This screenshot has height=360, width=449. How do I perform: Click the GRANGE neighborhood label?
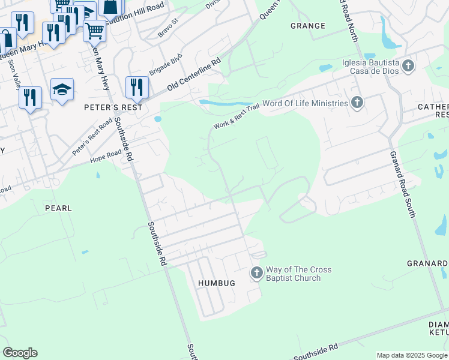307,26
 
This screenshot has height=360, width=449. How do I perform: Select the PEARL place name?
58,208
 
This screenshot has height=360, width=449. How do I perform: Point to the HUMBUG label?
217,282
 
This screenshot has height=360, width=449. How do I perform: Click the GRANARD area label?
427,263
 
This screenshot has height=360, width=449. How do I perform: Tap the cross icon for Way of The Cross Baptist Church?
256,274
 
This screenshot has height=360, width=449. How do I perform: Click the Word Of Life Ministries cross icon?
357,103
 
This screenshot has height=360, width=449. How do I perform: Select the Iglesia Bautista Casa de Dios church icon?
408,65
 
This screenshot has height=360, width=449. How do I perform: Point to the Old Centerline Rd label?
194,75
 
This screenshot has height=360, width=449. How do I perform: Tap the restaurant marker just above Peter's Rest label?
137,87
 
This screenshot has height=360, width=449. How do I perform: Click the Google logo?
20,353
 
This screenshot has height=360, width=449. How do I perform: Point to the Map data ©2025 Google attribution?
411,355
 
